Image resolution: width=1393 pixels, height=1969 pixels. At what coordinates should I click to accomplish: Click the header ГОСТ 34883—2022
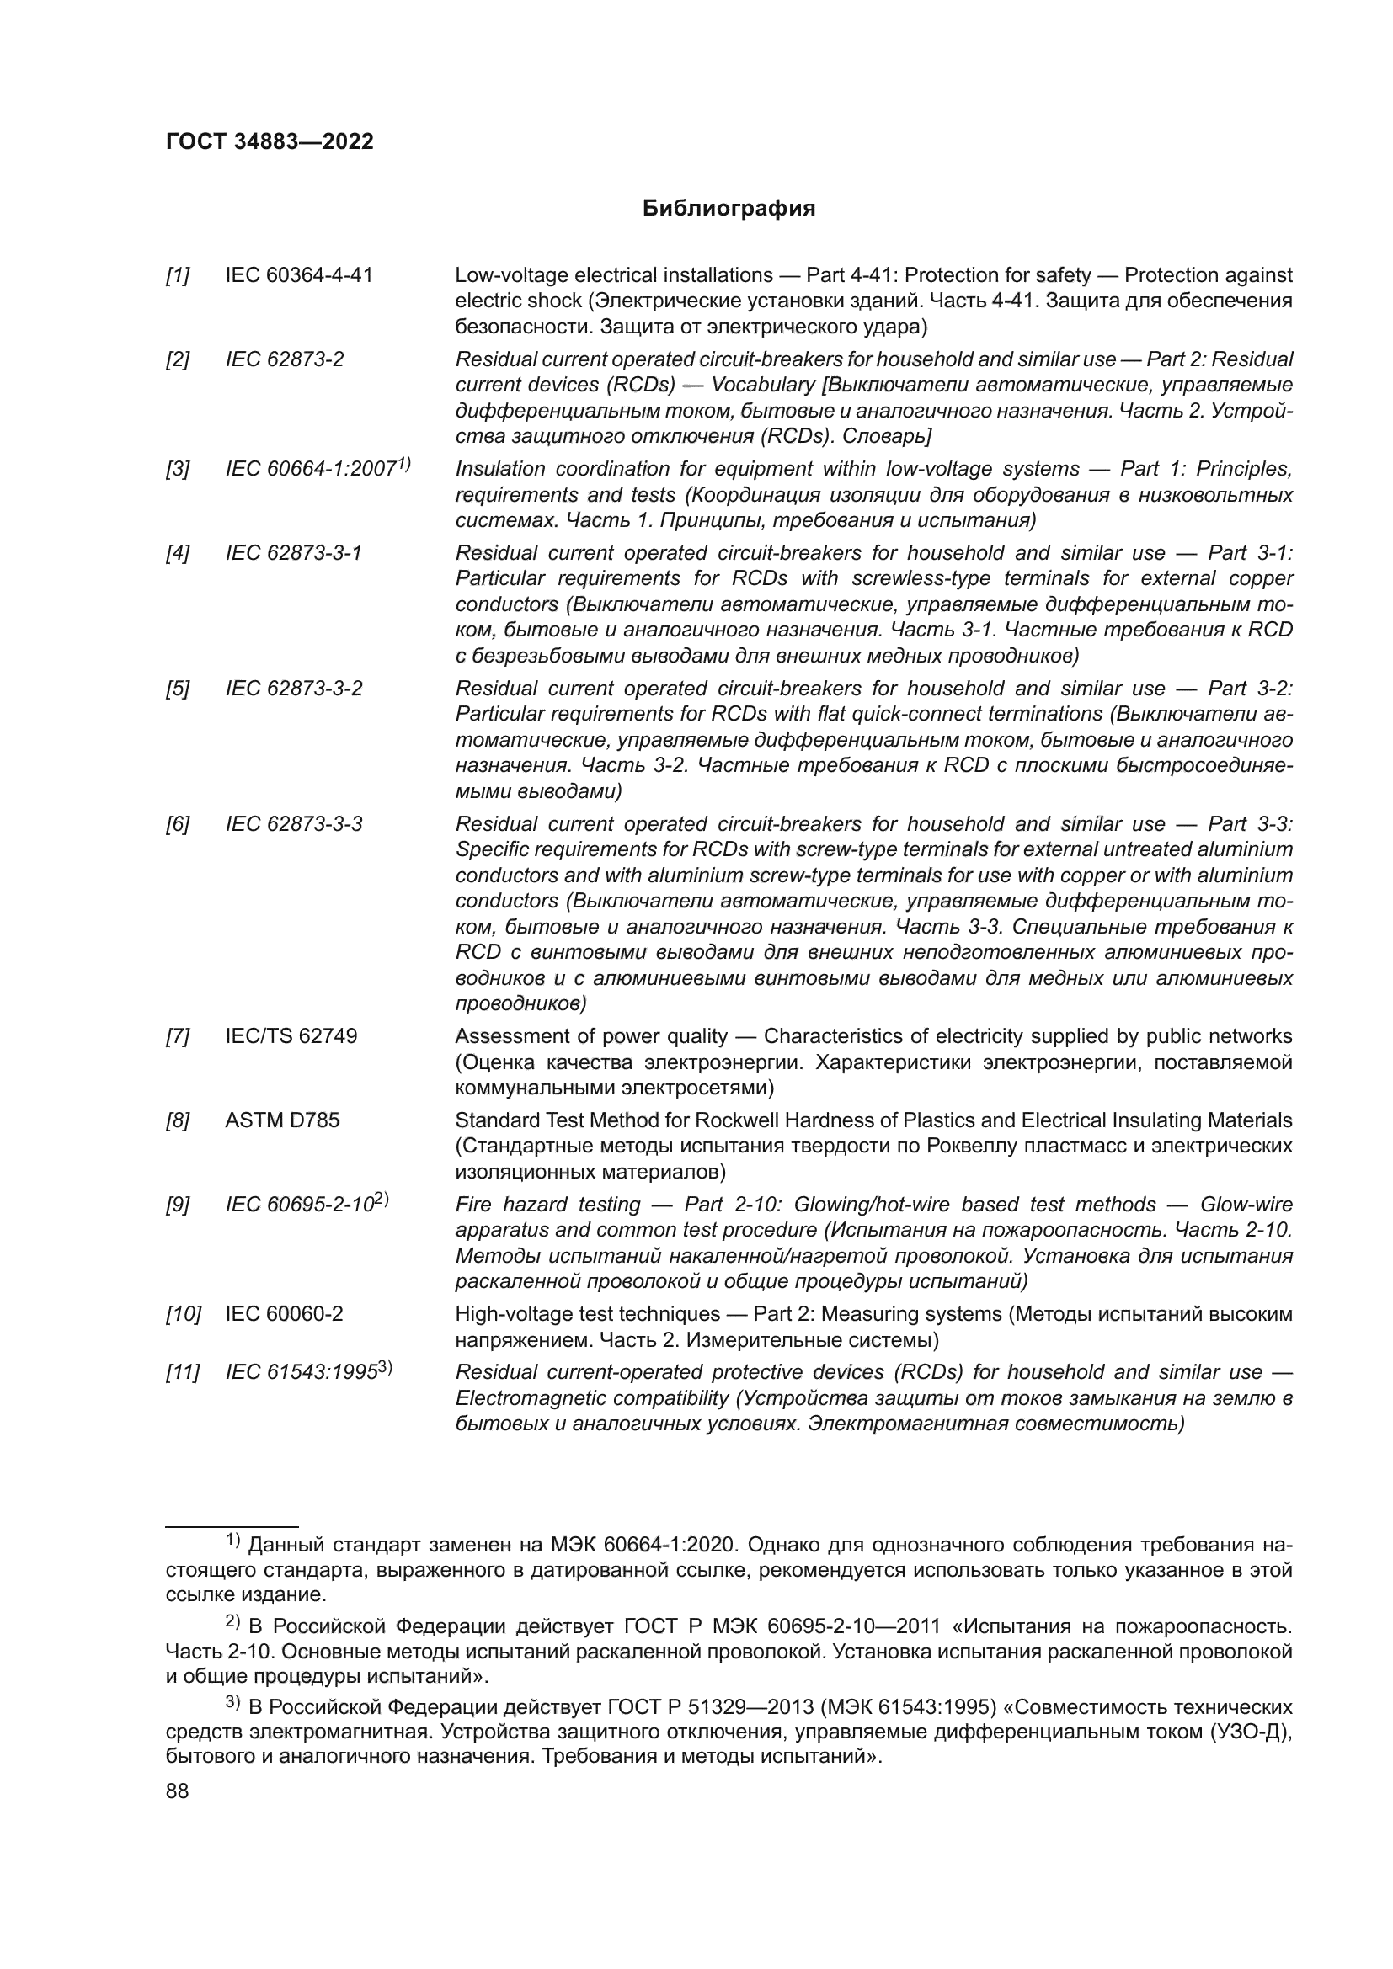click(270, 142)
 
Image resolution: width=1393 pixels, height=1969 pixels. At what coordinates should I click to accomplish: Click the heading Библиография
click(729, 209)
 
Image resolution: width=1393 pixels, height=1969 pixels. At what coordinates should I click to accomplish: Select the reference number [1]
click(178, 275)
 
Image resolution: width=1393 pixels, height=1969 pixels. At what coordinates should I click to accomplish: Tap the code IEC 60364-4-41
click(298, 275)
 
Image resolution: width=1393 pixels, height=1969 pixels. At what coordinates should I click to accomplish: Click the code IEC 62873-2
click(284, 359)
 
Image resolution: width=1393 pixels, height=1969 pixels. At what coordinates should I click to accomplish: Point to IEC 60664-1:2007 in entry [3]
click(311, 469)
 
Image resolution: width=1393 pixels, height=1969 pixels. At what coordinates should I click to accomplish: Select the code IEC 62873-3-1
click(293, 553)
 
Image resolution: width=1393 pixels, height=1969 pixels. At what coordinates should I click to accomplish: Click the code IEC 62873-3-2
click(293, 689)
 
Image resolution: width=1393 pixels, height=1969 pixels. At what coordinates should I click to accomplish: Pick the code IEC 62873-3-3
click(293, 824)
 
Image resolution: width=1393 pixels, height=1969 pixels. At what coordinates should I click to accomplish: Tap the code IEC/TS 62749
click(291, 1036)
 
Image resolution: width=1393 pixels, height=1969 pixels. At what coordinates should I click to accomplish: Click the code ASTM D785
click(282, 1120)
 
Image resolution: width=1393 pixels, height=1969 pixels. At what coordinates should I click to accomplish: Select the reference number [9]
click(178, 1205)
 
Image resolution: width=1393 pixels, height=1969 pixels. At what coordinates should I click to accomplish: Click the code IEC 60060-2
click(284, 1314)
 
